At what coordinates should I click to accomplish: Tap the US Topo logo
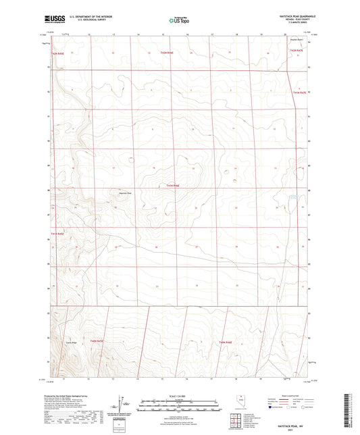[174, 21]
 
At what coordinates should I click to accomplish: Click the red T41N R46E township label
[172, 185]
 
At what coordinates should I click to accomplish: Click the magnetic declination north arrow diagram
[122, 403]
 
